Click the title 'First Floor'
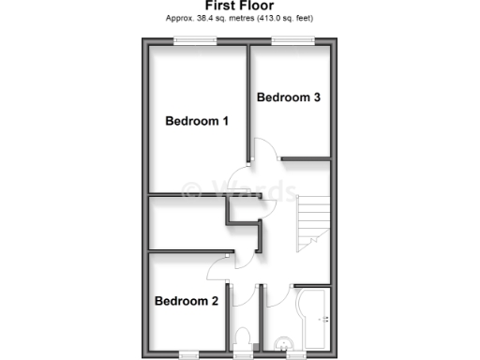coord(240,6)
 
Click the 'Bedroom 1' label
coord(197,121)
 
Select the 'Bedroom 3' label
coord(289,97)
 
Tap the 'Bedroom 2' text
coord(187,301)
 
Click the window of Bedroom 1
coord(196,39)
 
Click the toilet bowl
coord(244,340)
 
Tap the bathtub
coord(312,321)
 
